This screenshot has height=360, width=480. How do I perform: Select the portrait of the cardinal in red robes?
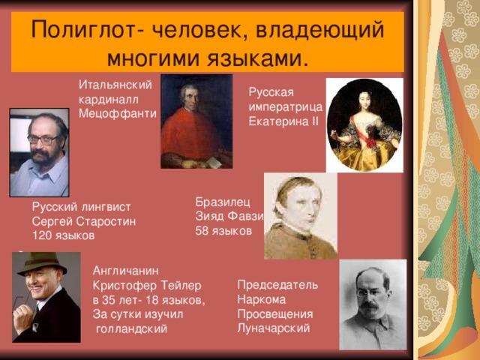click(x=196, y=121)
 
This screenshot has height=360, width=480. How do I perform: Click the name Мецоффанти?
click(x=117, y=113)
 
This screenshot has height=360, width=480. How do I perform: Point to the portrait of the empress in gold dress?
click(x=364, y=124)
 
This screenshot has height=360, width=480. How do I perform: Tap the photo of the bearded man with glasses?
click(x=39, y=152)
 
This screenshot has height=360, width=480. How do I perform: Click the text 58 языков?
click(x=223, y=231)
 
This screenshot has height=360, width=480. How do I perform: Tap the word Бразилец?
click(x=218, y=202)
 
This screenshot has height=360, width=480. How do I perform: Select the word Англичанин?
click(x=124, y=270)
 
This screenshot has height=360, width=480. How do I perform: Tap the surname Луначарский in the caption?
click(x=272, y=328)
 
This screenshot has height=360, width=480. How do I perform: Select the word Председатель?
click(x=277, y=284)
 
